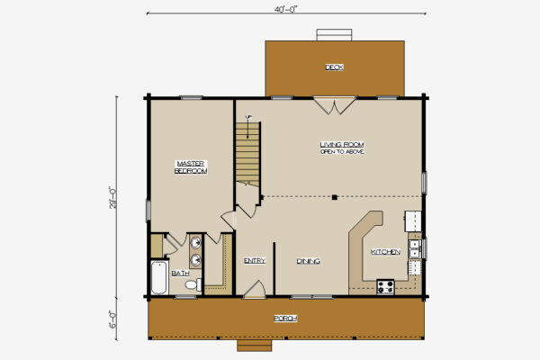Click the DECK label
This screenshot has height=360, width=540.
(335, 67)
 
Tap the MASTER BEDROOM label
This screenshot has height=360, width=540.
(191, 166)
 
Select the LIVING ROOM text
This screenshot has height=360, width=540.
(342, 144)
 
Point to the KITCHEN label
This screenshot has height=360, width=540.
(386, 252)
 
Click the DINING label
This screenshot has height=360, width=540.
(309, 262)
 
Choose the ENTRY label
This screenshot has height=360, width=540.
(255, 262)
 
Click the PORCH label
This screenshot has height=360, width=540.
(285, 319)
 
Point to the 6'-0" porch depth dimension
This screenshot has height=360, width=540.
(113, 318)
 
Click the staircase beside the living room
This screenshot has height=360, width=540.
(247, 153)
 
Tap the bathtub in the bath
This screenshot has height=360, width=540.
(158, 278)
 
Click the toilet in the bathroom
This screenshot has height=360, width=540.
(190, 285)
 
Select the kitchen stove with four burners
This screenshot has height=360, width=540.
(386, 286)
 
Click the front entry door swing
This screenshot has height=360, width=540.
(255, 289)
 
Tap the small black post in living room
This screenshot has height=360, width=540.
(333, 197)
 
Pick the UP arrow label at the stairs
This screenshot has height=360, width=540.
(248, 118)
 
